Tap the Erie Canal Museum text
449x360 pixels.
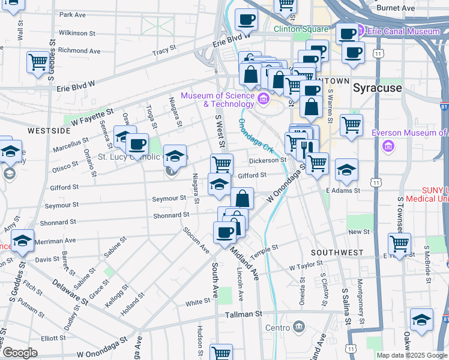pos(403,31)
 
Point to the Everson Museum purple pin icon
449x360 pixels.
pos(388,145)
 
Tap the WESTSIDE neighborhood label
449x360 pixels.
pos(49,130)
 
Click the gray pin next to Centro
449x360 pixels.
pos(298,328)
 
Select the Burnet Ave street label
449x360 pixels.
pos(396,8)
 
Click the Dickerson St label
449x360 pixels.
pos(268,160)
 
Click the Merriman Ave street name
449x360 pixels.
pos(55,240)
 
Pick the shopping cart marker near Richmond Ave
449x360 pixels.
pos(38,61)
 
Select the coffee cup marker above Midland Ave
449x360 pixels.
pos(225,232)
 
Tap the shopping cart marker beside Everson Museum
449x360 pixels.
pos(351,125)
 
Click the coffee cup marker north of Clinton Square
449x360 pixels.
pos(246,19)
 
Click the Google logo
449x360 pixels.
pos(20,353)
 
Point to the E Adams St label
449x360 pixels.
pos(343,190)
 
